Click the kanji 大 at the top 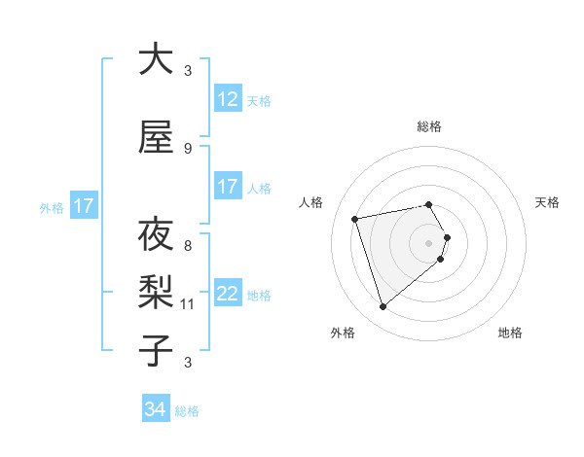pyautogui.click(x=156, y=59)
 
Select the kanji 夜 pyautogui.click(x=156, y=235)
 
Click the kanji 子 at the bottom pyautogui.click(x=156, y=351)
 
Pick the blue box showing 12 pyautogui.click(x=227, y=99)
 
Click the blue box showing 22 pyautogui.click(x=227, y=294)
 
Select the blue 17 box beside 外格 pyautogui.click(x=83, y=206)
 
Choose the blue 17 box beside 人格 pyautogui.click(x=227, y=187)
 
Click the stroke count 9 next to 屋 pyautogui.click(x=188, y=149)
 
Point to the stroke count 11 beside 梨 pyautogui.click(x=189, y=304)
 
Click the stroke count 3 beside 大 pyautogui.click(x=188, y=71)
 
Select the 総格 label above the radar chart pyautogui.click(x=428, y=126)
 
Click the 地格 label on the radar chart pyautogui.click(x=510, y=333)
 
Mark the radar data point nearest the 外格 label pyautogui.click(x=383, y=306)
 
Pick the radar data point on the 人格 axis pyautogui.click(x=355, y=218)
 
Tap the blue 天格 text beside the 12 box pyautogui.click(x=259, y=100)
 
